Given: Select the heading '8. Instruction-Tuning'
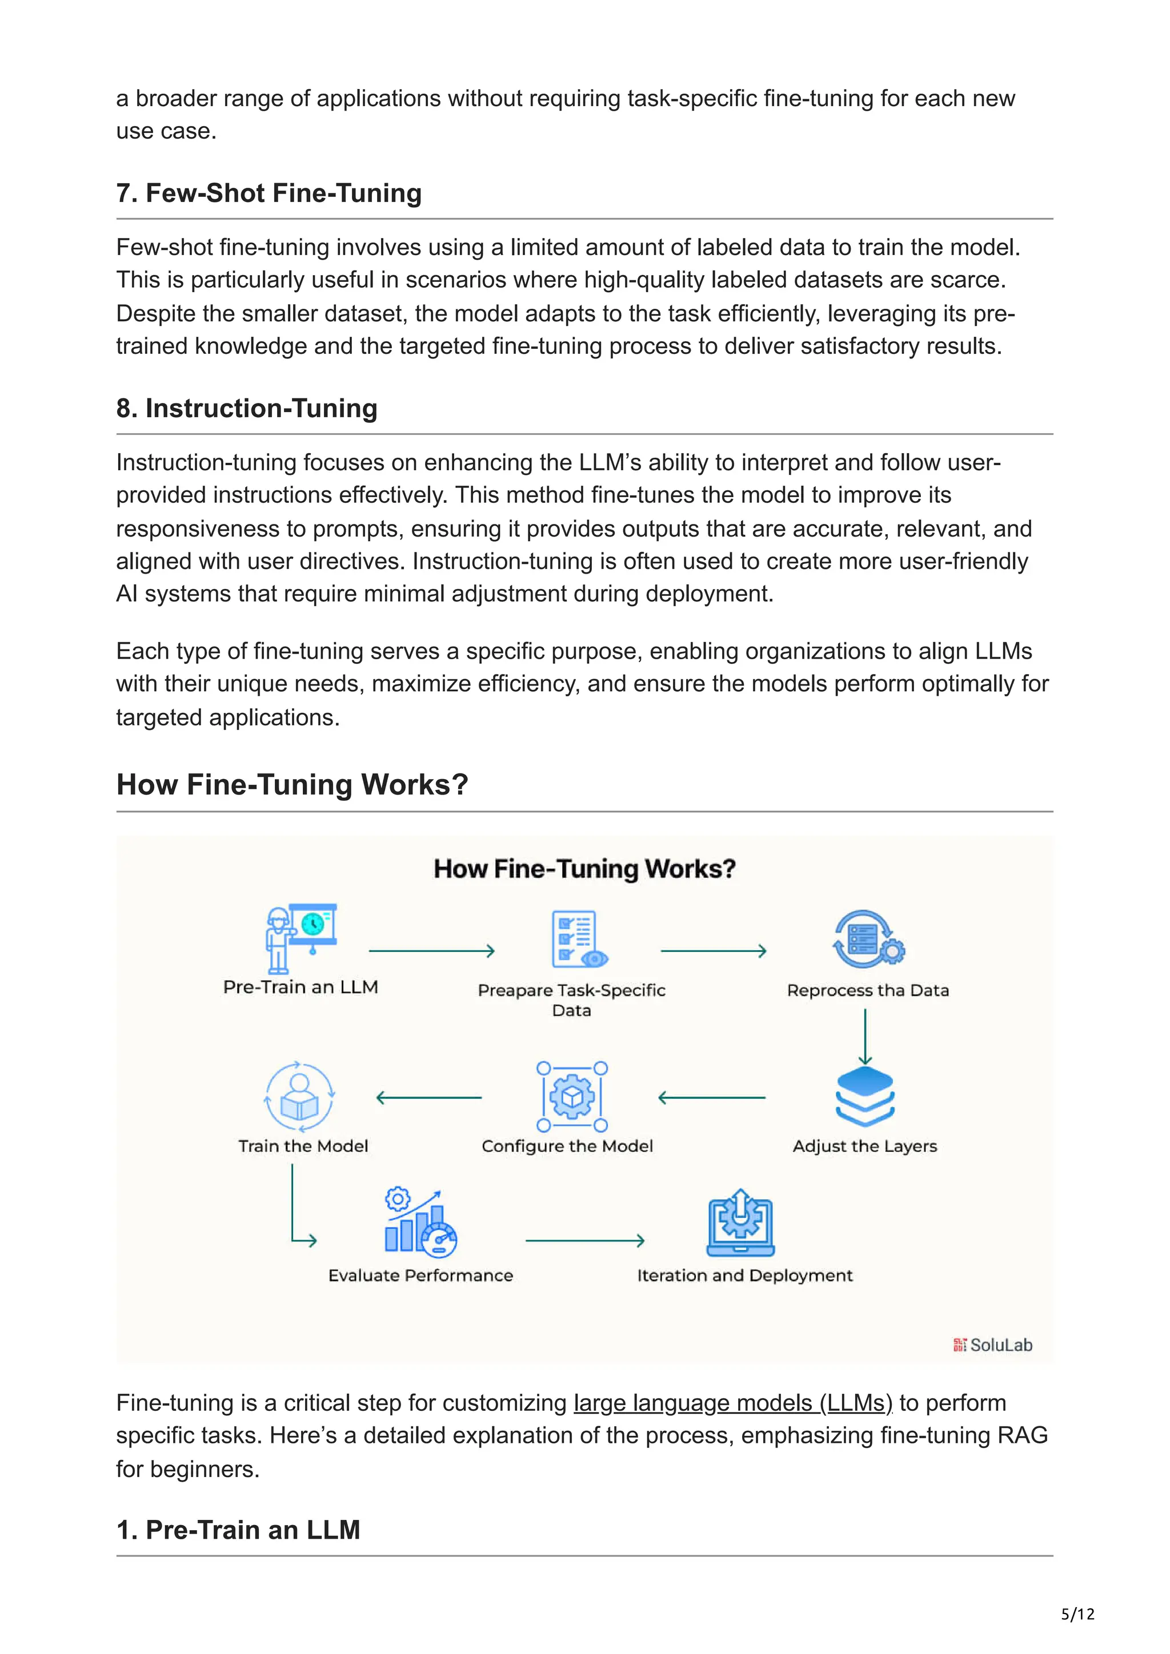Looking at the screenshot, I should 247,409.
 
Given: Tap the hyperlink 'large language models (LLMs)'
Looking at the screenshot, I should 732,1403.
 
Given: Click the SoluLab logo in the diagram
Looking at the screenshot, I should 993,1345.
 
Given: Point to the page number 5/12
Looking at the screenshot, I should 1077,1615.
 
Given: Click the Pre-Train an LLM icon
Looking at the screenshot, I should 300,938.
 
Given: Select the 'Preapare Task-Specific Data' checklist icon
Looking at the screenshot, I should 578,939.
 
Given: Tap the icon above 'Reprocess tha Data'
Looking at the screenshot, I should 868,939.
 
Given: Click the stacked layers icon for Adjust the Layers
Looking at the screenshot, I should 864,1096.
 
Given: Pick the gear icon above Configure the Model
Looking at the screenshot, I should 572,1096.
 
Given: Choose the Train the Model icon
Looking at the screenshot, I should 300,1096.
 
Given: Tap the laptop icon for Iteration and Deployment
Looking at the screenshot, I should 740,1223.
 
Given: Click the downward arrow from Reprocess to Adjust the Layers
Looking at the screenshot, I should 865,1036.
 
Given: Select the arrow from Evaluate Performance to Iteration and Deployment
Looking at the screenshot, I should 584,1241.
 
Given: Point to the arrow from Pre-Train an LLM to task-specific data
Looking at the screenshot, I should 431,951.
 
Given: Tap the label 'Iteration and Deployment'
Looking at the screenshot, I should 745,1276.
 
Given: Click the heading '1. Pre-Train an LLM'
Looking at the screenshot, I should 238,1530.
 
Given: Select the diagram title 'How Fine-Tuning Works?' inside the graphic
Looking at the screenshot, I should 584,869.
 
